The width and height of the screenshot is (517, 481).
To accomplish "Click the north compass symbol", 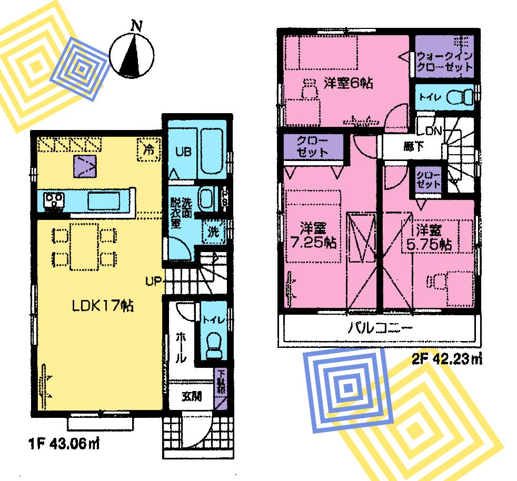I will [x=132, y=53].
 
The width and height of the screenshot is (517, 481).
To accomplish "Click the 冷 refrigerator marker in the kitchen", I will [x=150, y=148].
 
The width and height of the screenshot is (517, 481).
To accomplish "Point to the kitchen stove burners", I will [x=54, y=201].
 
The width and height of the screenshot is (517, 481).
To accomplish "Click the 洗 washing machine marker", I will [x=213, y=232].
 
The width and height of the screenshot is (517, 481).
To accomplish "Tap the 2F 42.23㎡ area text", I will [x=446, y=360].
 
